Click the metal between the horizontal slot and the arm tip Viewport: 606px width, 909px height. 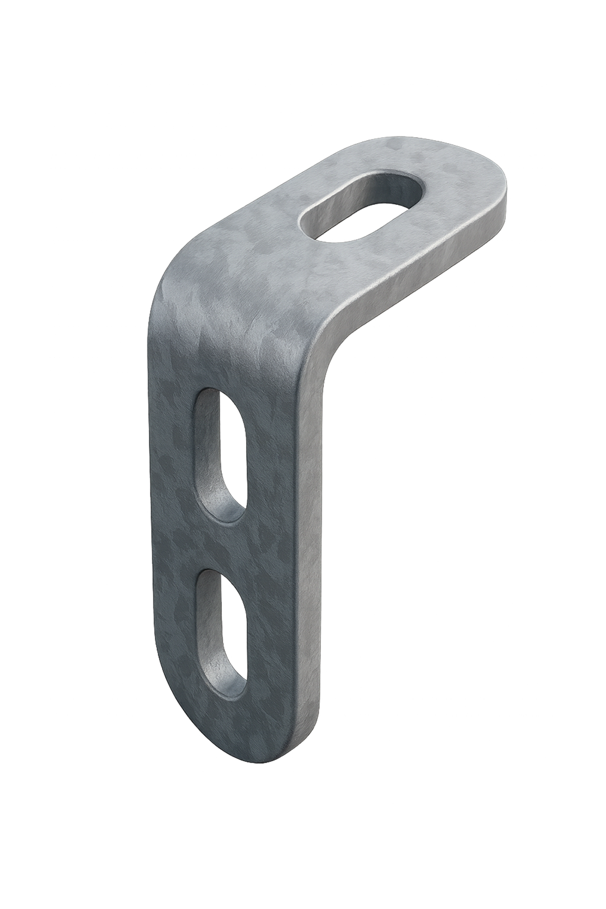[x=456, y=189]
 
